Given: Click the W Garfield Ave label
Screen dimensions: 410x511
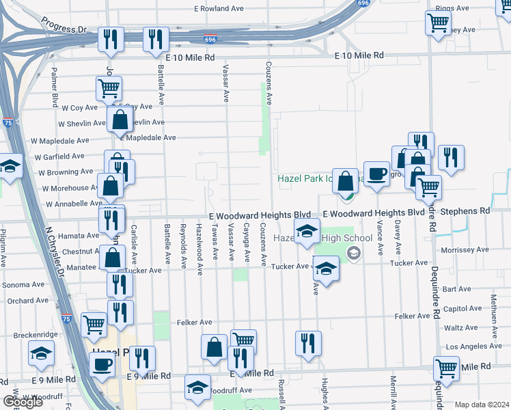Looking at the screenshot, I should click(59, 156).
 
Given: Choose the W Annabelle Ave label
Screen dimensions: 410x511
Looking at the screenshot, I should click(74, 204).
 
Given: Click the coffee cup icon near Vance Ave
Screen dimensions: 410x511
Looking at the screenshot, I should click(376, 174).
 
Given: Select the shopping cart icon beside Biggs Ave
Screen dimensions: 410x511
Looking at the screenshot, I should click(438, 23).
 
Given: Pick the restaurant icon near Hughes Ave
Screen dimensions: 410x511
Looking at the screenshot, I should click(308, 342).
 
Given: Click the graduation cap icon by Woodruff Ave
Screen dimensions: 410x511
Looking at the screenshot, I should click(198, 386).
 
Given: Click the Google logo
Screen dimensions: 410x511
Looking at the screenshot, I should click(23, 402).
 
